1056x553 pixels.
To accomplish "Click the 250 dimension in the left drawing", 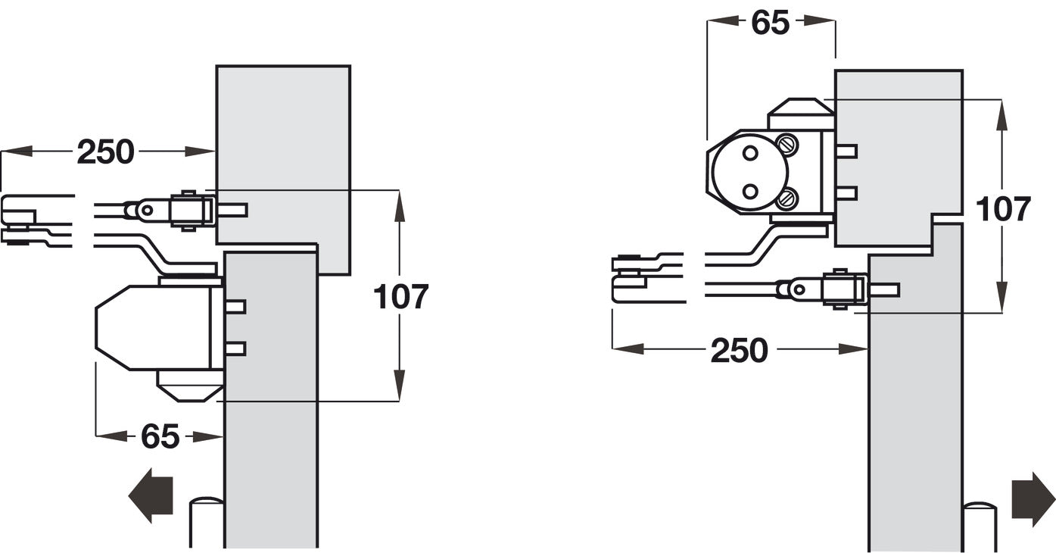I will pyautogui.click(x=105, y=152).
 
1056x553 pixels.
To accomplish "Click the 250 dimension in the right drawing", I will pyautogui.click(x=739, y=351).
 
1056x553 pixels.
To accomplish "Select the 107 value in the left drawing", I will pyautogui.click(x=400, y=297).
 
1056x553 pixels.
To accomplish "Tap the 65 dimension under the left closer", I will pyautogui.click(x=160, y=437).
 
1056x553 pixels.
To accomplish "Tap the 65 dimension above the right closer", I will pyautogui.click(x=770, y=23).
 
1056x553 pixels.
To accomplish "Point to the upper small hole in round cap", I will pyautogui.click(x=750, y=153).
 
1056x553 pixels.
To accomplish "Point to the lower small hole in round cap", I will pyautogui.click(x=750, y=191).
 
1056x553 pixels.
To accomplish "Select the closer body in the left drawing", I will pyautogui.click(x=151, y=327).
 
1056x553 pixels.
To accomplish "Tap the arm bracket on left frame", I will pyautogui.click(x=189, y=210).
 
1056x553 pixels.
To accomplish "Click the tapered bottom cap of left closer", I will pyautogui.click(x=189, y=385).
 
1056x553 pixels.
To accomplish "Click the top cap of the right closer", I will pyautogui.click(x=801, y=114).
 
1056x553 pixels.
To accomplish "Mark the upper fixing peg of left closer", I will pyautogui.click(x=235, y=307).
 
